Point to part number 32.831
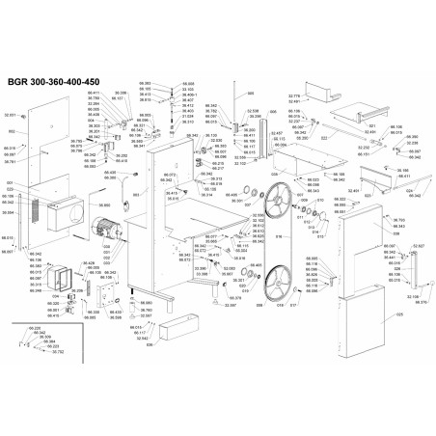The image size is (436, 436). [11, 115]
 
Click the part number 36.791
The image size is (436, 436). [9, 163]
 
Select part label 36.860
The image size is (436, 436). [104, 205]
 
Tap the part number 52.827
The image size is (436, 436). [418, 246]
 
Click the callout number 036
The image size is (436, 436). [150, 345]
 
